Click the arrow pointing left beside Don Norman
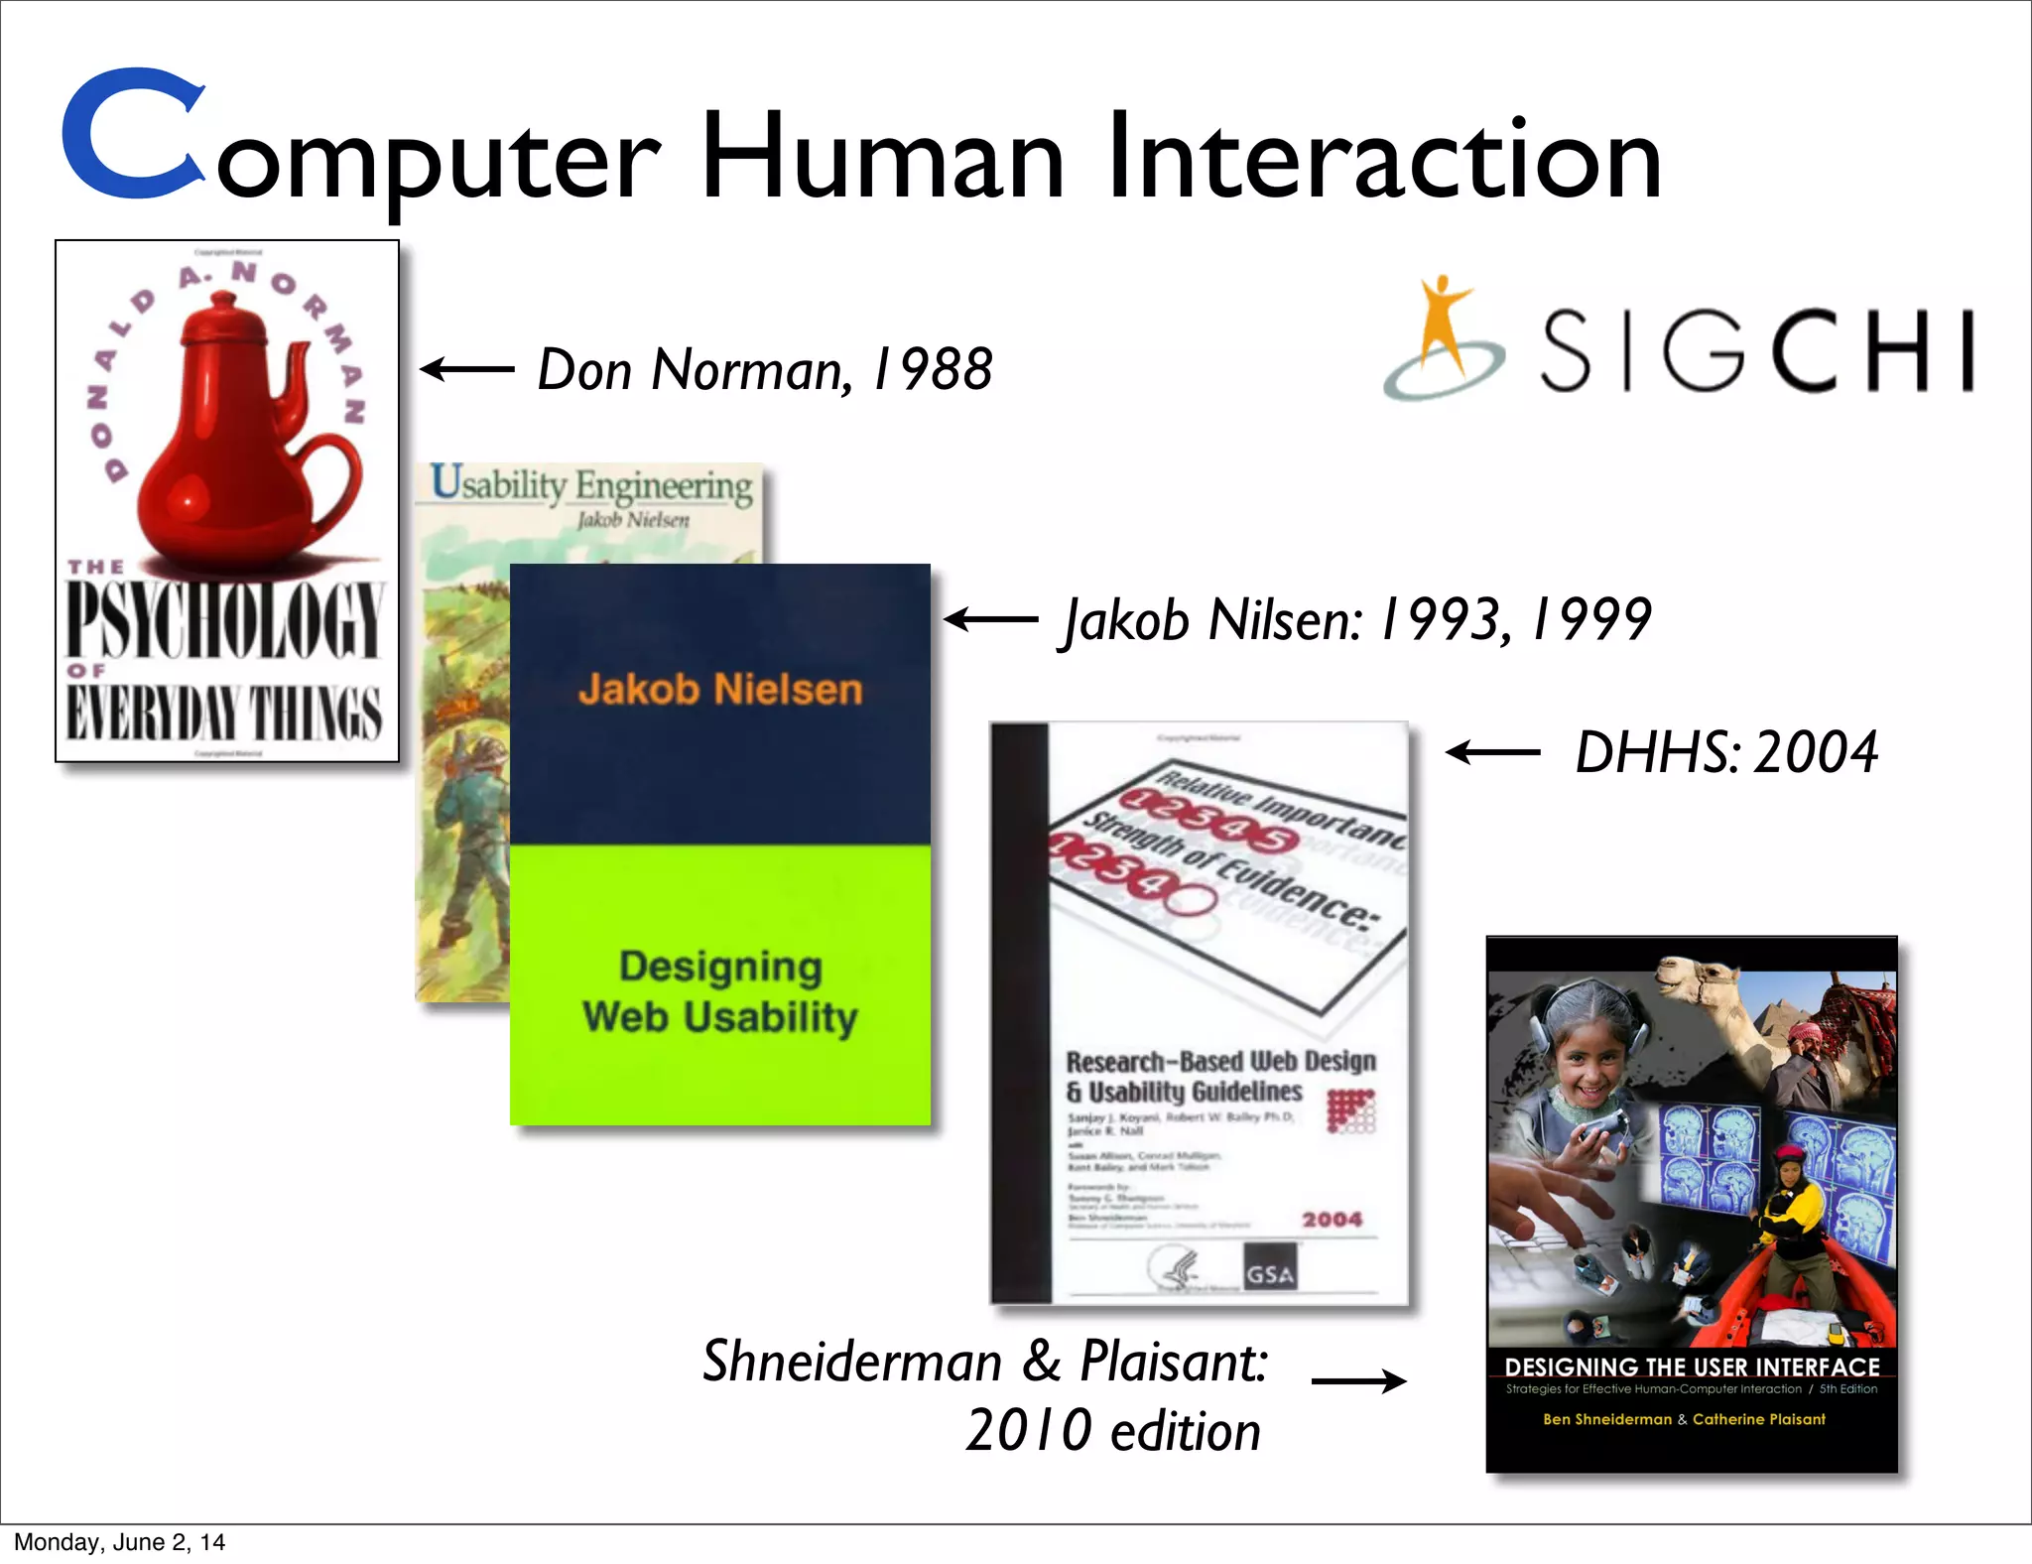click(x=466, y=370)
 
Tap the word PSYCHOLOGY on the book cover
click(x=225, y=620)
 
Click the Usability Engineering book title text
click(x=591, y=485)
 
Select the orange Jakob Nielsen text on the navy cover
click(x=720, y=689)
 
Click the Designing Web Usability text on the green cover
click(x=720, y=991)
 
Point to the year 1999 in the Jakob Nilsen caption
click(x=1591, y=620)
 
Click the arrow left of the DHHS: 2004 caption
click(x=1492, y=753)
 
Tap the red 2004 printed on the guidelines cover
click(x=1332, y=1219)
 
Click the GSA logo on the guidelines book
click(x=1270, y=1273)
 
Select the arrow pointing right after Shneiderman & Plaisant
click(x=1358, y=1380)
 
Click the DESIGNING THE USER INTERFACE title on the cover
click(x=1692, y=1367)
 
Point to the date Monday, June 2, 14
click(x=119, y=1542)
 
